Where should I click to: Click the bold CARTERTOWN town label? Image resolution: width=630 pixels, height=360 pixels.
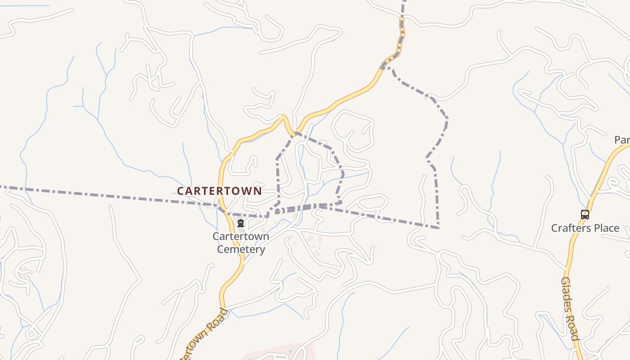219,191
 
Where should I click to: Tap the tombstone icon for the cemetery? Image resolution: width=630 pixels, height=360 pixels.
241,224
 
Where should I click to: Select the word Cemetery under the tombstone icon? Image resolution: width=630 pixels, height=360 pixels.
241,249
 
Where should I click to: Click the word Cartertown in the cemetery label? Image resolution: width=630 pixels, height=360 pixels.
241,237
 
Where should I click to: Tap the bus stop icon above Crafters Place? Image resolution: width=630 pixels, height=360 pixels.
585,215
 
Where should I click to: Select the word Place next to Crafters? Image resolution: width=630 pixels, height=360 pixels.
606,228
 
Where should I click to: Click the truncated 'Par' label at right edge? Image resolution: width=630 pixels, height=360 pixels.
622,140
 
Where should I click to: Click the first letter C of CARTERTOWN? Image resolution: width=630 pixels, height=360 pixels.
180,191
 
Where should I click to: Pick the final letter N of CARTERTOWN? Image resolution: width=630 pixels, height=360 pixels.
258,191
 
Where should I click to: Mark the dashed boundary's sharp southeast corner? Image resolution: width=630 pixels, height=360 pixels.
438,228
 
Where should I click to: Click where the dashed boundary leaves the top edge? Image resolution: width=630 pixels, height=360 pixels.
404,1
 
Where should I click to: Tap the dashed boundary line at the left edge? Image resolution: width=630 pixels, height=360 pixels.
2,186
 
